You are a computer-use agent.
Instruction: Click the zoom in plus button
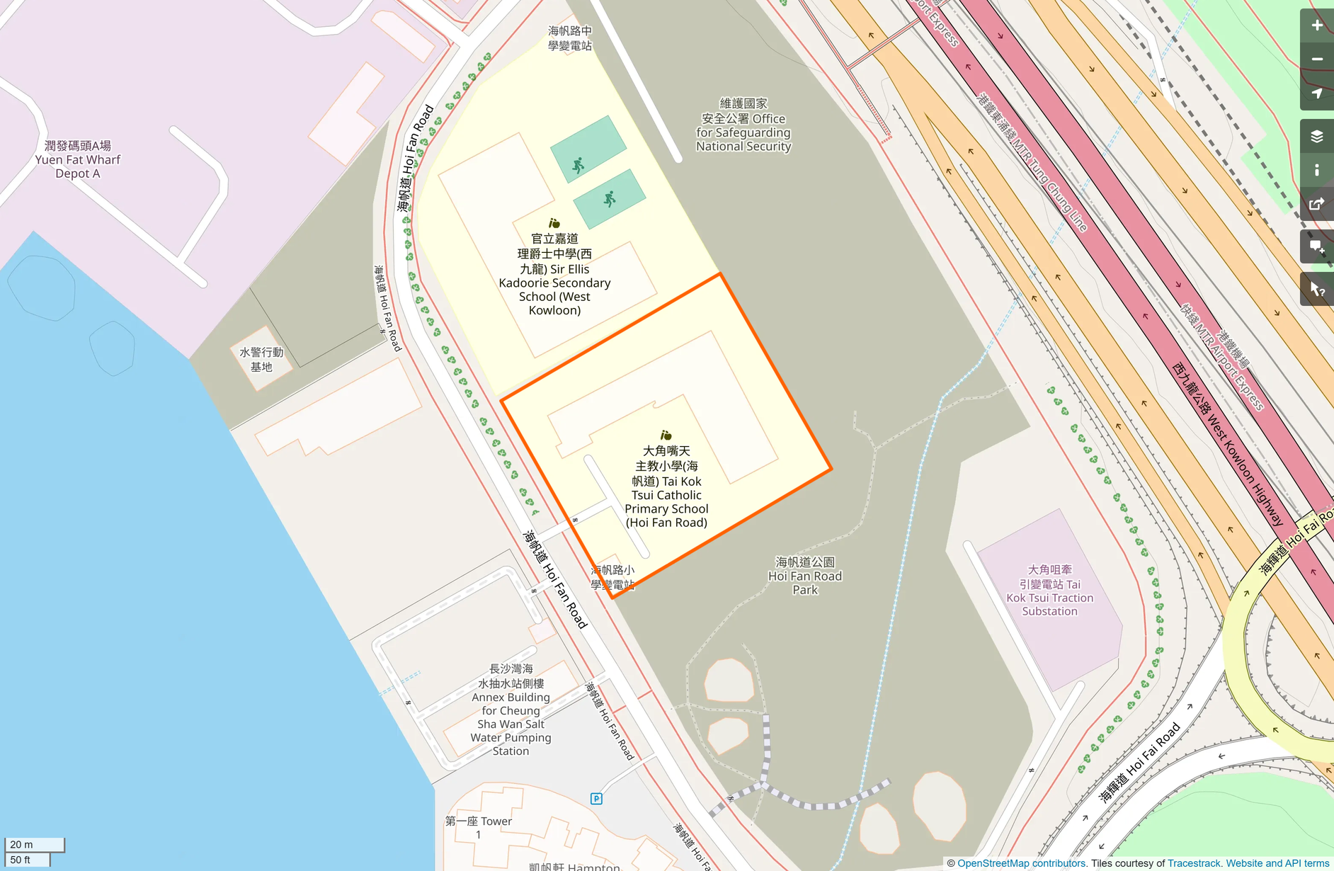[1316, 25]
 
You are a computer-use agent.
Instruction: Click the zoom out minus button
[1316, 59]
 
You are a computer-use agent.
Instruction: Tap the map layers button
[1316, 136]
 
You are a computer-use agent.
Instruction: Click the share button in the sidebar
[1316, 205]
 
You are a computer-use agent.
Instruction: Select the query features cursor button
[1316, 289]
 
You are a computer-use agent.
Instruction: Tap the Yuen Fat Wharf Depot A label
[78, 159]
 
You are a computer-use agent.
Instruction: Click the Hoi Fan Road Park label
[805, 576]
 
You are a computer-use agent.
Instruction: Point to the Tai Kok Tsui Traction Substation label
[1049, 591]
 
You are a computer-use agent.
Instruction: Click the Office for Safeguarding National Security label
[743, 125]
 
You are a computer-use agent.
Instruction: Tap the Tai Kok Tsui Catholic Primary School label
[666, 486]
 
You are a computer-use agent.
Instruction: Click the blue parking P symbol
[596, 799]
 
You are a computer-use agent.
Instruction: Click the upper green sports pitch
[588, 149]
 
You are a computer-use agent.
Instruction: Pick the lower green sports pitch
[610, 199]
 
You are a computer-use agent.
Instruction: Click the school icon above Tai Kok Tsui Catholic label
[666, 435]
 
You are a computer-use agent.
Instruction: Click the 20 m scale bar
[34, 844]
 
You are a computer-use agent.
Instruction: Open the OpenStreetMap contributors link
[1021, 863]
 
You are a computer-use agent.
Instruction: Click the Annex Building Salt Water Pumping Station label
[511, 710]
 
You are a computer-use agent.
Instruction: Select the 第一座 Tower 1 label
[479, 827]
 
